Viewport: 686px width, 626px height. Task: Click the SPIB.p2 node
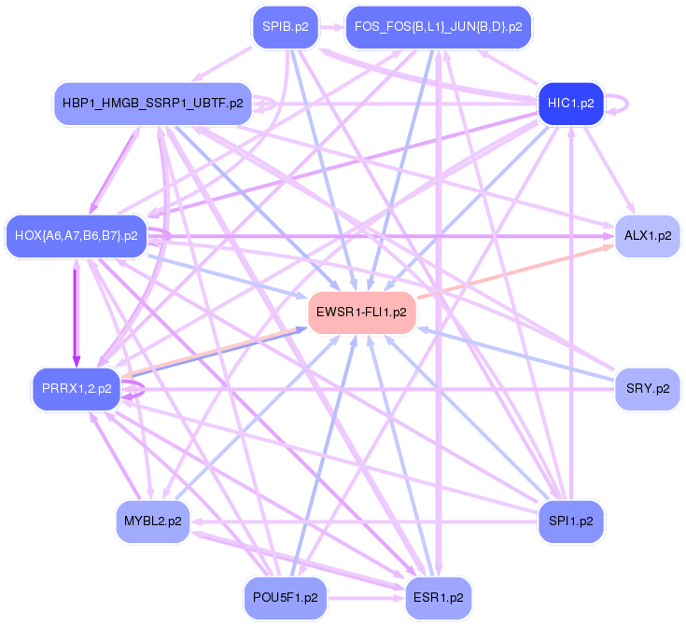[286, 27]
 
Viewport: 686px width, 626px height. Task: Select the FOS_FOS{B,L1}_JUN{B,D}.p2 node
[438, 27]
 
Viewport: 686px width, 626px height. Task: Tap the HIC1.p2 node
[571, 104]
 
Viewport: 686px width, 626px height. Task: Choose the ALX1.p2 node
[647, 236]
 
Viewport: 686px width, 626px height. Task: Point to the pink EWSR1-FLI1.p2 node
[361, 313]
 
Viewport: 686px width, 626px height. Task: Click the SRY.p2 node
[647, 389]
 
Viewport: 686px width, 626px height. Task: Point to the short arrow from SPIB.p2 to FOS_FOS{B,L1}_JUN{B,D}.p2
[331, 27]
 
